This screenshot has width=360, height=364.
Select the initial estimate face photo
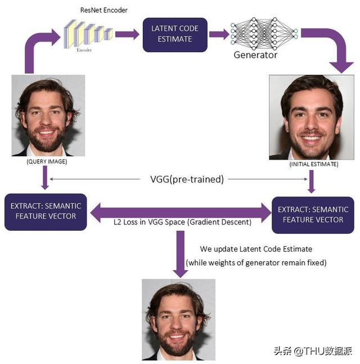click(311, 117)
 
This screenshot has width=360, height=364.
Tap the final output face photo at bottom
click(178, 319)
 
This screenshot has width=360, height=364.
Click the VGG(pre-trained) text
click(187, 180)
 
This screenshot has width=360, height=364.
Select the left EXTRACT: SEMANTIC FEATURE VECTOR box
click(46, 211)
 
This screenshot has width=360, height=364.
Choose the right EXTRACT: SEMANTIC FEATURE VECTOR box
click(313, 214)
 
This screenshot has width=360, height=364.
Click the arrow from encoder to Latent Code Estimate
click(127, 34)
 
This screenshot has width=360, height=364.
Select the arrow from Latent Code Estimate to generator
click(219, 34)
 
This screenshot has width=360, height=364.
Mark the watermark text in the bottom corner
click(313, 351)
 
